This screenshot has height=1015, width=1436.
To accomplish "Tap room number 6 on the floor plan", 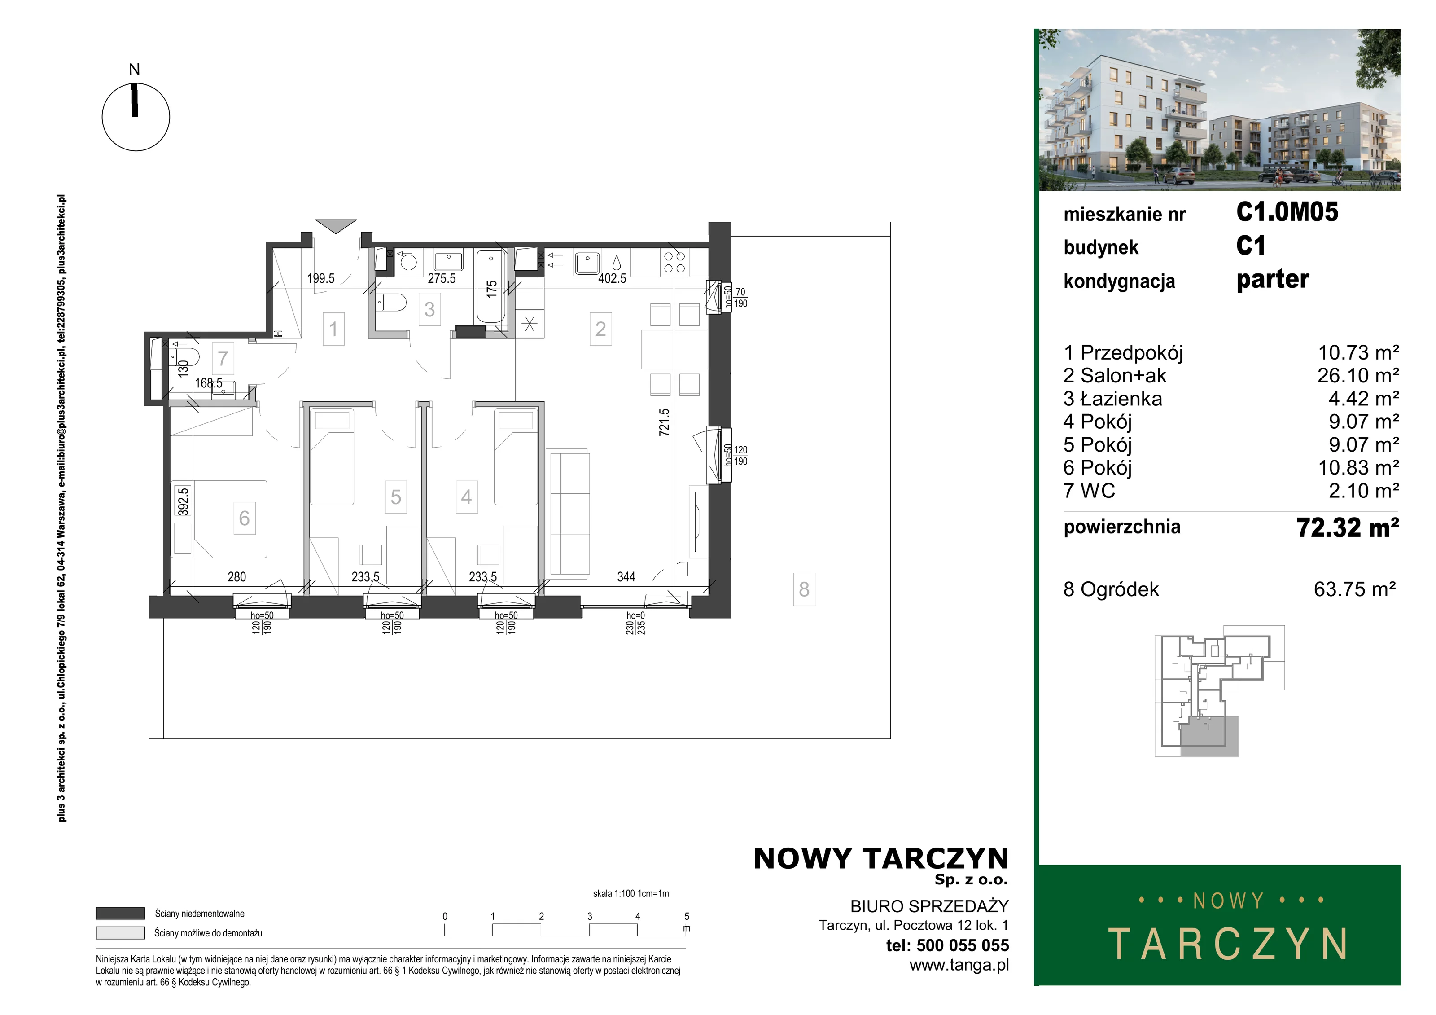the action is [245, 518].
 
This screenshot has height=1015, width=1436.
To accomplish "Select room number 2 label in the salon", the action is [600, 329].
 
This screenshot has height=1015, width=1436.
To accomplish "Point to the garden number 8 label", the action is [804, 589].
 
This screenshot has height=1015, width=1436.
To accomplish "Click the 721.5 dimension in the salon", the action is [664, 422].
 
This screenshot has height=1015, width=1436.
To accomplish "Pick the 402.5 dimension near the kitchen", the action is [612, 278].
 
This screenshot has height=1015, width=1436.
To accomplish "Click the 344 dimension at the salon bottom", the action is [626, 577].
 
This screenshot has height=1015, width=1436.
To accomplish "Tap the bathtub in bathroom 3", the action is [491, 286].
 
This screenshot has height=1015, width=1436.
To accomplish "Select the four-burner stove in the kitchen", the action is [674, 262].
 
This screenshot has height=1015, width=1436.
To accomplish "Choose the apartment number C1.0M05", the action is [1287, 212].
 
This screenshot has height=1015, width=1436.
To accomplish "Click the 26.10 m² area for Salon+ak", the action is [1358, 375].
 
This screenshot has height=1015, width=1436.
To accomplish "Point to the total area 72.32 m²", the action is [1348, 527].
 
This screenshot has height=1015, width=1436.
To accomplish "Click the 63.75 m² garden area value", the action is [1355, 589].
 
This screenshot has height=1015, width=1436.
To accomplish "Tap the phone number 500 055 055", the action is [963, 945].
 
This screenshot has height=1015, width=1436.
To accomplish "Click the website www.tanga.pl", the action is [959, 966].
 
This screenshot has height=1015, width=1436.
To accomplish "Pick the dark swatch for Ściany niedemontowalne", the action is [120, 914].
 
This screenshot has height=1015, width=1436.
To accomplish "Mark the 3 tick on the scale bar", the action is [589, 930].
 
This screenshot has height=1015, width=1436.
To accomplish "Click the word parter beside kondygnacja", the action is [1273, 280].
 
